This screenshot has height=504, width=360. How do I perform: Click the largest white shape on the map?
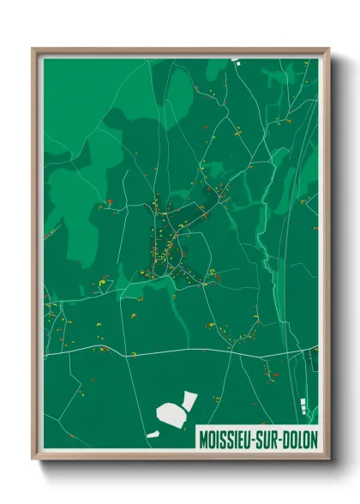[x=171, y=415]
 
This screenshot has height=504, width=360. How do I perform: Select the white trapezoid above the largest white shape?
[x=189, y=399]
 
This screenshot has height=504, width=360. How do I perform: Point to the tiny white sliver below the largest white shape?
[x=153, y=435]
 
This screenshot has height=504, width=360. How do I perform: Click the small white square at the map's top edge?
[x=233, y=60]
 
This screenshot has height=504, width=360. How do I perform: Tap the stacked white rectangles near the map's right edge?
[x=302, y=405]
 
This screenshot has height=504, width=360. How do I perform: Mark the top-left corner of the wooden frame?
[x=33, y=49]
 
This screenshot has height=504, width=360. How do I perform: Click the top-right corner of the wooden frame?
[x=327, y=49]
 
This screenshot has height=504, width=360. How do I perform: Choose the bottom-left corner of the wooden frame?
[x=33, y=459]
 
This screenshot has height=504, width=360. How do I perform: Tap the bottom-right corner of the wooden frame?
[x=327, y=459]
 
